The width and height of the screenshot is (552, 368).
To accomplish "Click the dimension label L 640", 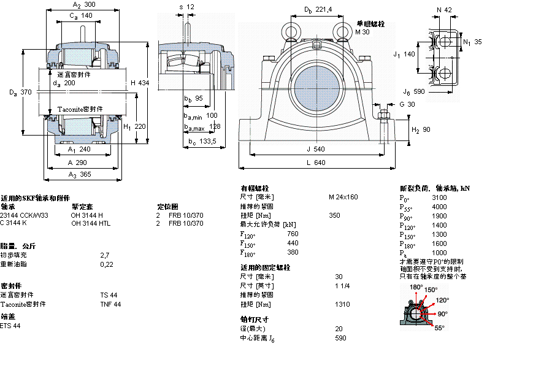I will point(315,163).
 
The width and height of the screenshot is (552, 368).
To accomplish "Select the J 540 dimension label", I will point(315,148).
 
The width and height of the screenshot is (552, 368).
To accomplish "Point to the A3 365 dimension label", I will point(81,175).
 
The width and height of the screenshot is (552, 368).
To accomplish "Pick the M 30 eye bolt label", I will point(362,32).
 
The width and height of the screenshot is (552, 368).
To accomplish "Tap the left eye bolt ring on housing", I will point(289,30).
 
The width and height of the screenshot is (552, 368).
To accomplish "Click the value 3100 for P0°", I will point(439,198).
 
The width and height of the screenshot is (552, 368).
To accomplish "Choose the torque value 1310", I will point(342,304).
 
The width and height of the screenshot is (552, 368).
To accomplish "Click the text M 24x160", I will point(343,197).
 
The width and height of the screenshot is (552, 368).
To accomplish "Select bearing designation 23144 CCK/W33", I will point(25,215).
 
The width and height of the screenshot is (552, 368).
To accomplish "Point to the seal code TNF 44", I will point(110,304).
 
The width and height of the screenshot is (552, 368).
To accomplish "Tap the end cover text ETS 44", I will point(10,326).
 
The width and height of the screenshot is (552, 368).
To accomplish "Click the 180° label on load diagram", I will point(416,287).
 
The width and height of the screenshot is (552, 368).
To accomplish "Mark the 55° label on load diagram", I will point(439,328).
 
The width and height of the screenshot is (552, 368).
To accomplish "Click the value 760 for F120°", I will point(293,234).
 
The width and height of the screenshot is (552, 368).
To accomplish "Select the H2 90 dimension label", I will point(420,130).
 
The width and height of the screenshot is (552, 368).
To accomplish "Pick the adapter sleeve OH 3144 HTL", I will point(91,223).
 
